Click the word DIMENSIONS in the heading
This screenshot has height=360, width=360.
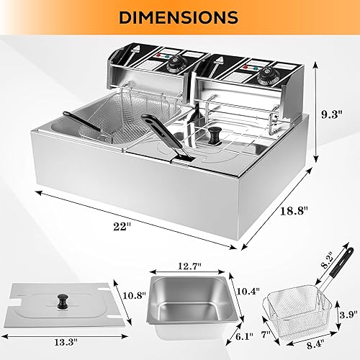pos(179,16)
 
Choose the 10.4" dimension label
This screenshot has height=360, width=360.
pos(247,290)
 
